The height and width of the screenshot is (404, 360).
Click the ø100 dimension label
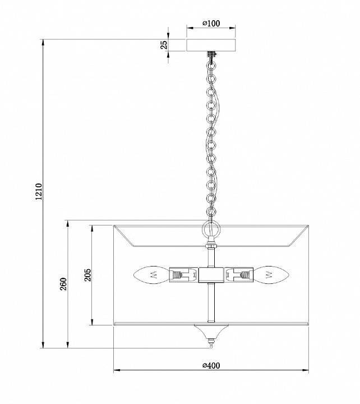tap(211, 24)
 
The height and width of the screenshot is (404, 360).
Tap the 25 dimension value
tap(164, 45)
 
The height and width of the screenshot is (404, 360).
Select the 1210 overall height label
tap(38, 191)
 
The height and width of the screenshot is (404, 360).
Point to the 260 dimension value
tap(63, 284)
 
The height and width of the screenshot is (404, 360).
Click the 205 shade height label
tap(87, 275)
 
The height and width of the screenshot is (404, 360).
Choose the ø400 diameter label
tap(211, 365)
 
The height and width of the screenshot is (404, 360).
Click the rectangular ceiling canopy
tap(211, 45)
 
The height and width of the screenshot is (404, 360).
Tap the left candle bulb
tap(151, 275)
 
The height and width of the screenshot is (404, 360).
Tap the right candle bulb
tap(271, 275)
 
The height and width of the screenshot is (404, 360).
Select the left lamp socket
tap(183, 275)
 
